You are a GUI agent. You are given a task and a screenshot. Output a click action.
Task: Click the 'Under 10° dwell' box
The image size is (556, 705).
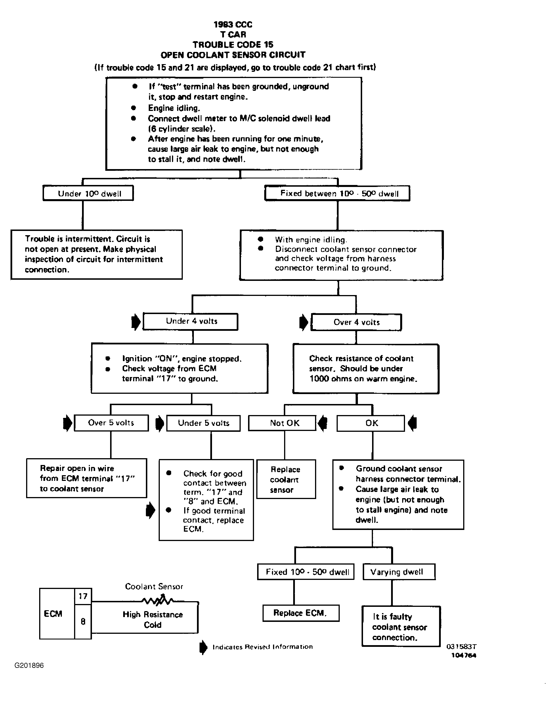[88, 193]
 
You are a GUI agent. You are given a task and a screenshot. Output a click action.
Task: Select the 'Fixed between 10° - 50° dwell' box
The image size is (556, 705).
[337, 193]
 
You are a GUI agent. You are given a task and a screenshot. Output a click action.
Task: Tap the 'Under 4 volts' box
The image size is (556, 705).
[190, 321]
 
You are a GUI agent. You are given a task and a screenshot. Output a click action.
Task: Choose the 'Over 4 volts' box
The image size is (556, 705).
[356, 322]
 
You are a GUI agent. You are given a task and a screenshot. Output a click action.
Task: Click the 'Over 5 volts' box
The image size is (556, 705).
[111, 423]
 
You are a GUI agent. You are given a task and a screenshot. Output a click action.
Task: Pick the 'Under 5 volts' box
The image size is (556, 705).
[203, 423]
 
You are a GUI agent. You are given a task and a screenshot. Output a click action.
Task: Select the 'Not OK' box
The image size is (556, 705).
[282, 423]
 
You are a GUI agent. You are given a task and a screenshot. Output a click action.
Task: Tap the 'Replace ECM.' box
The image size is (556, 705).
[301, 613]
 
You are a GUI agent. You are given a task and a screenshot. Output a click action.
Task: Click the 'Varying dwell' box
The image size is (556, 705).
[399, 572]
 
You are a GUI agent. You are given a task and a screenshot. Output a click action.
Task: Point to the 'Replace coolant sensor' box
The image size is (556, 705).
[286, 479]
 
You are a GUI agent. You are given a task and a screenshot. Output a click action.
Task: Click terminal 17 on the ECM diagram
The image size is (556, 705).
[83, 596]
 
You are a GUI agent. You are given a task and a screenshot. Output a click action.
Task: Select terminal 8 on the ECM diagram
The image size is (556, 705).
[83, 621]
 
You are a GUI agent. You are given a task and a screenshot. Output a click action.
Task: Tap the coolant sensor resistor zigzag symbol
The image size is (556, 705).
[158, 600]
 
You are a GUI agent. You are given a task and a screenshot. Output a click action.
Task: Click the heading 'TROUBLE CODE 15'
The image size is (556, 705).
[233, 45]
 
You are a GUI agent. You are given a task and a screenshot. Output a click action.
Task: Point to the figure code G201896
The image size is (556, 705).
[29, 665]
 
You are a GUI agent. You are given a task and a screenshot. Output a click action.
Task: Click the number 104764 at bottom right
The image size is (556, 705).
[463, 655]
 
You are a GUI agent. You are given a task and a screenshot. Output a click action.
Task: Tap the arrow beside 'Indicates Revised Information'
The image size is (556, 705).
[203, 647]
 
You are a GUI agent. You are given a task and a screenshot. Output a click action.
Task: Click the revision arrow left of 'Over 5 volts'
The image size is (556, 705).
[67, 423]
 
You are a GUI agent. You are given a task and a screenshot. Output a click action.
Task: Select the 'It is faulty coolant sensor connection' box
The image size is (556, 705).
[401, 626]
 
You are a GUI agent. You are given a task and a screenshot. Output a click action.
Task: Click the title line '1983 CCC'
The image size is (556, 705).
[233, 24]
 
